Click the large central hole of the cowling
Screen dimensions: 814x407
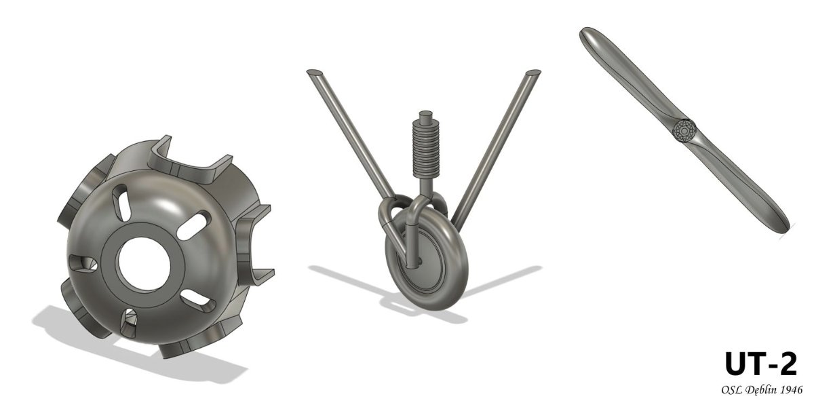[x=144, y=264]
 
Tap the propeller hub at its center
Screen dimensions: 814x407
[x=684, y=130]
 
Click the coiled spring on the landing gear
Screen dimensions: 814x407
[x=427, y=150]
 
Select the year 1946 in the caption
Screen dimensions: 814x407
[x=790, y=390]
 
